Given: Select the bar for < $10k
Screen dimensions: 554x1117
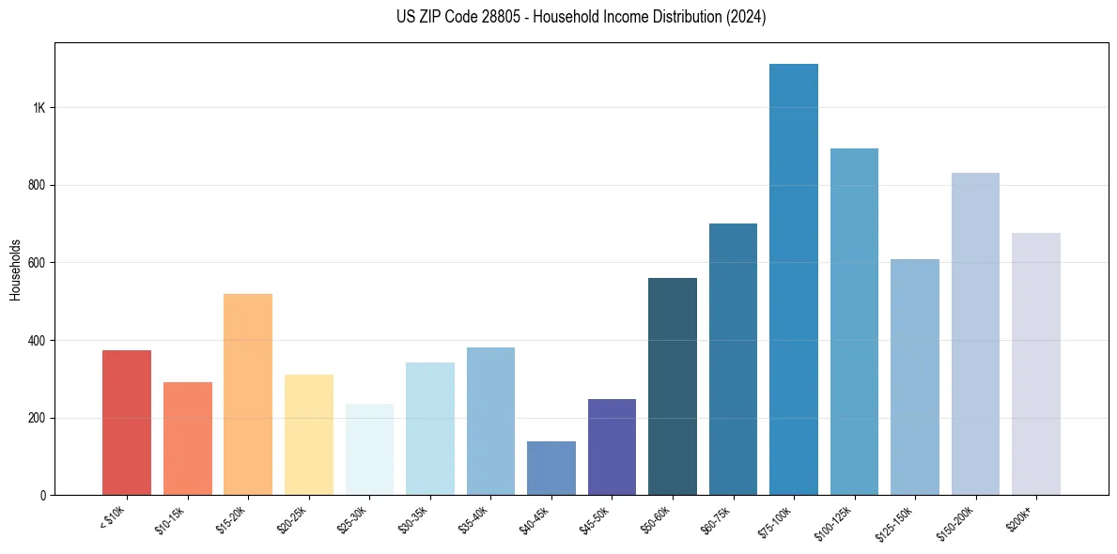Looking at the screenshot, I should click(x=127, y=423).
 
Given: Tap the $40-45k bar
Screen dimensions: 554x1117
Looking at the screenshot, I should click(x=551, y=468).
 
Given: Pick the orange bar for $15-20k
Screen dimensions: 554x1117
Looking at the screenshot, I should click(x=248, y=394).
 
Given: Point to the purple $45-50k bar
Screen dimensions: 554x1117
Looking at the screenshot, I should click(x=612, y=447).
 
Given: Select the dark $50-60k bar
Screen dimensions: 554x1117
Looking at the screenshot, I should click(x=673, y=386).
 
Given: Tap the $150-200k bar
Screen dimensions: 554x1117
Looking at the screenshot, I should click(x=975, y=333).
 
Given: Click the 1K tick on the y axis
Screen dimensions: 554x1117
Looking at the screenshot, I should click(x=39, y=108).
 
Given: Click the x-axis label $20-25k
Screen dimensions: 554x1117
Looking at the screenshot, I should click(x=292, y=518).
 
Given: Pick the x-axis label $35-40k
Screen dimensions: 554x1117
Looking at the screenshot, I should click(x=473, y=518).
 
